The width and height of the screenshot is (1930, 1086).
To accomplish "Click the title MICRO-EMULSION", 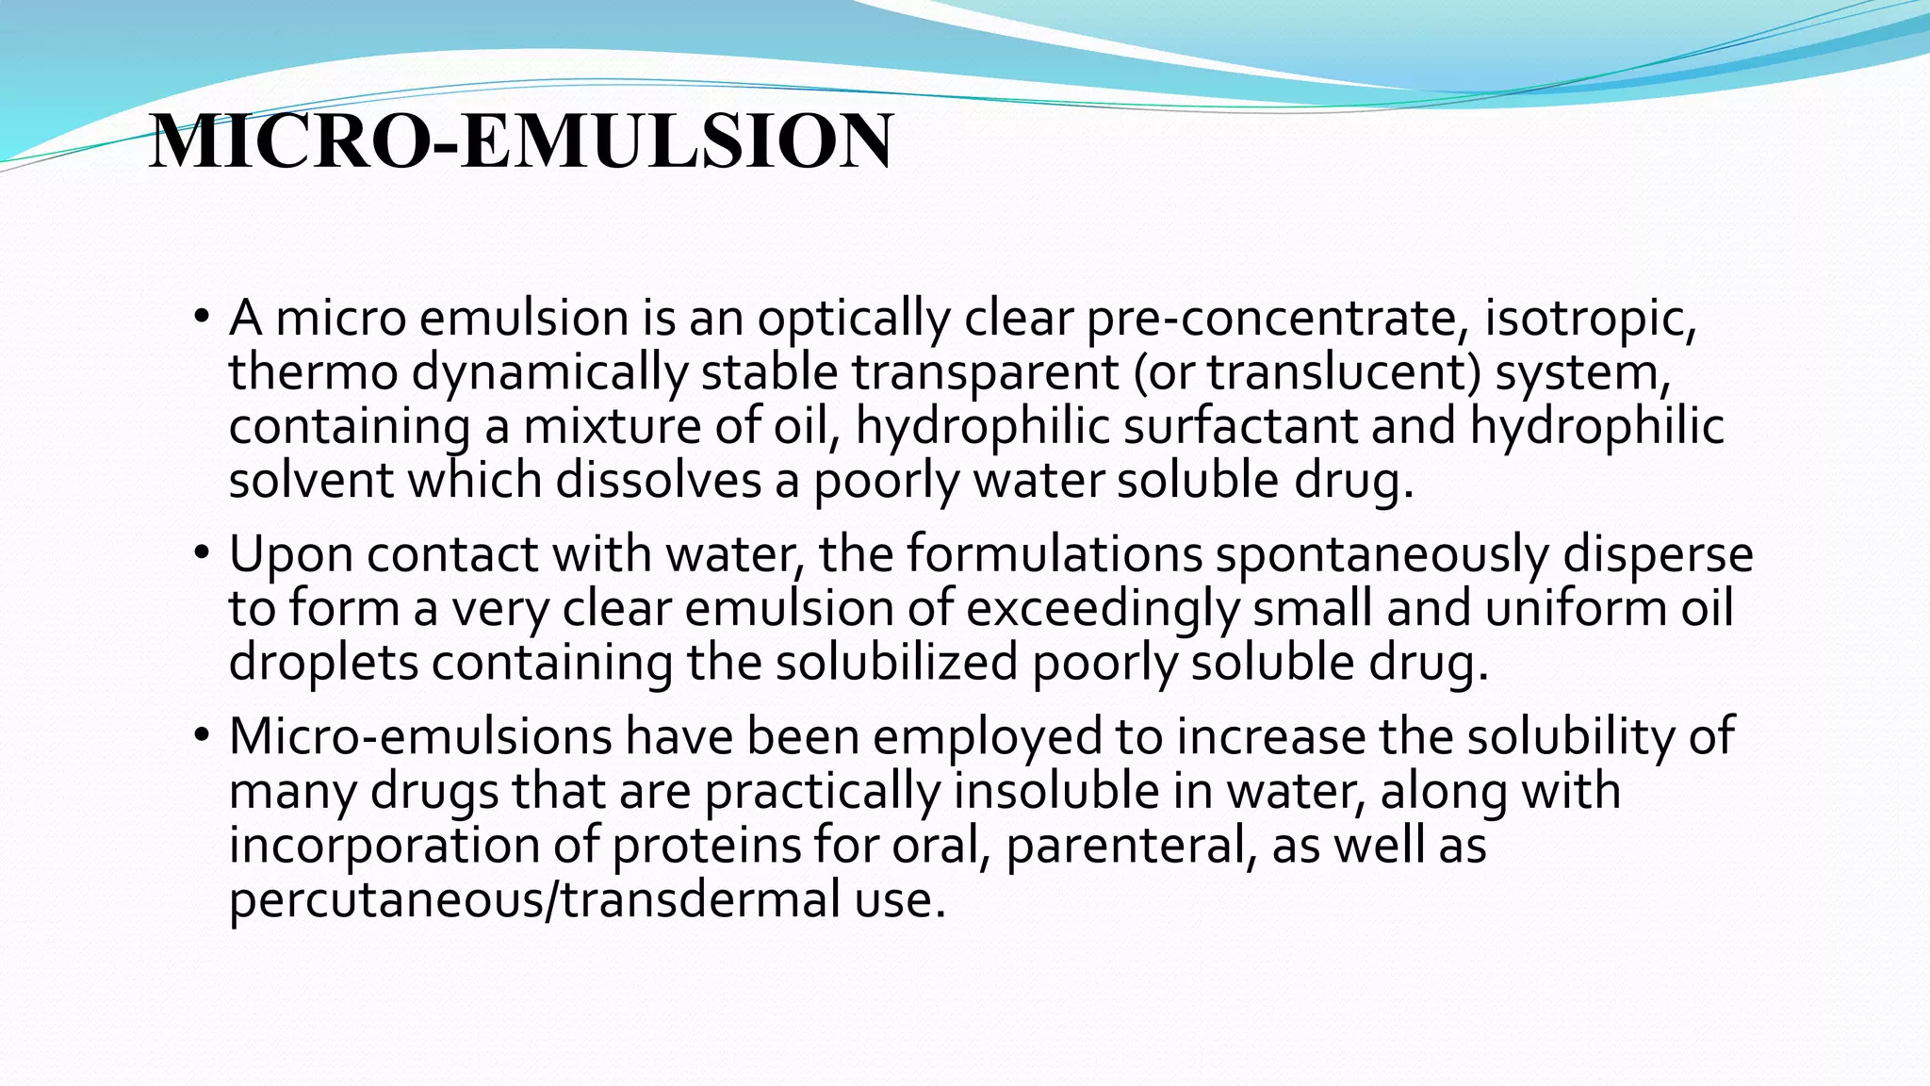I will tap(521, 142).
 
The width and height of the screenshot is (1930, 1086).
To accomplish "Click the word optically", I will tap(853, 319).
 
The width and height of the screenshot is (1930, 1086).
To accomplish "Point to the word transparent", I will tap(986, 372).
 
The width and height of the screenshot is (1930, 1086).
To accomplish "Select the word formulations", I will tap(1055, 554).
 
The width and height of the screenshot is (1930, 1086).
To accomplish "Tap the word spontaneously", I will tap(1382, 554).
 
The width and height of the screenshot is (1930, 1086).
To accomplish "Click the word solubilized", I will tap(897, 662).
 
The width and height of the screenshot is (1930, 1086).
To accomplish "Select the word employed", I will tap(987, 736).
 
